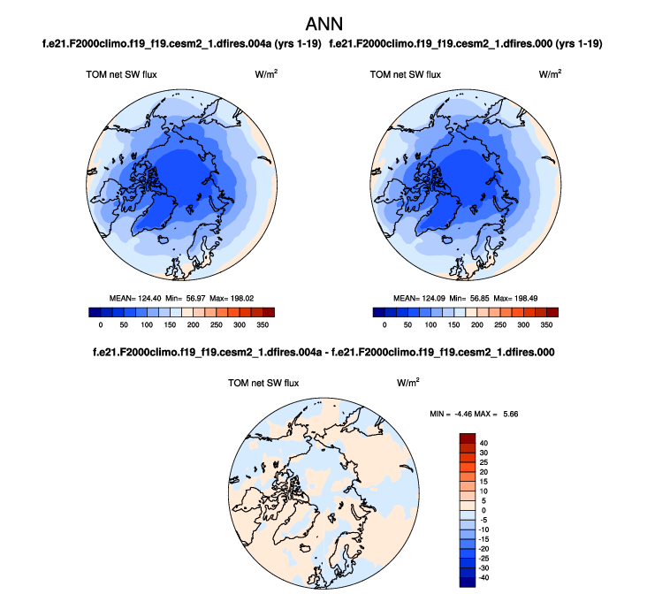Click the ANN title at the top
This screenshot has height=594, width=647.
point(323,22)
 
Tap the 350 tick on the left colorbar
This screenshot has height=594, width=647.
point(263,325)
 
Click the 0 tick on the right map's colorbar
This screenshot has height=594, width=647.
point(384,325)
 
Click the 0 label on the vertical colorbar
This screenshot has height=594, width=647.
point(484,509)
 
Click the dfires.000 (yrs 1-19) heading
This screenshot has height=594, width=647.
point(471,43)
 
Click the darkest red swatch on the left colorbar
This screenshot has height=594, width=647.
point(269,312)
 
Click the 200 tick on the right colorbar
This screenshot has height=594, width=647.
point(476,325)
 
